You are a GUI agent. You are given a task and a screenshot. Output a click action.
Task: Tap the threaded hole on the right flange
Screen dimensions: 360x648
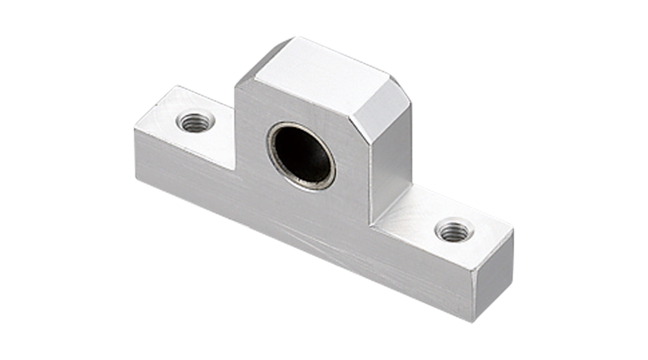point(454,231)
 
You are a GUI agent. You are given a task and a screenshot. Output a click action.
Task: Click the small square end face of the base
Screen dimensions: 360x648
point(492,277)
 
